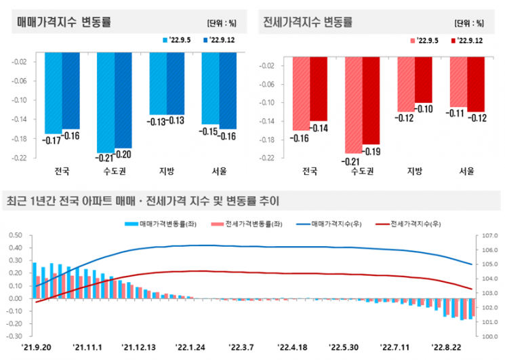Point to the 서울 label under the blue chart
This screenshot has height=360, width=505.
pyautogui.click(x=218, y=170)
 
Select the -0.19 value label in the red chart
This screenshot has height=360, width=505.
pyautogui.click(x=371, y=151)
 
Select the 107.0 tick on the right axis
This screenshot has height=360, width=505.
pyautogui.click(x=490, y=236)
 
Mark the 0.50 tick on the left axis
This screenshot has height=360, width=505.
pyautogui.click(x=15, y=236)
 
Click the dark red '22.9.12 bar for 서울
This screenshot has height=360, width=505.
pyautogui.click(x=476, y=83)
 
